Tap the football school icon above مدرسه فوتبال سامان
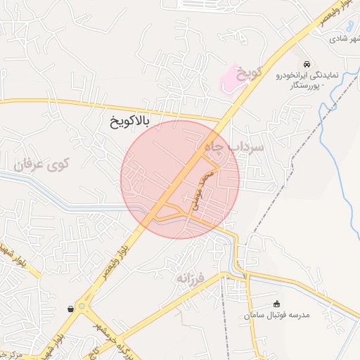(276, 304)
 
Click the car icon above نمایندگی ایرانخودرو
(307, 63)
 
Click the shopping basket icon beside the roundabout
(70, 309)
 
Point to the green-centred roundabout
(83, 307)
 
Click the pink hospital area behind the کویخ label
(231, 79)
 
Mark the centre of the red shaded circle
(180, 179)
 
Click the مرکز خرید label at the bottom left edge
(13, 354)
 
